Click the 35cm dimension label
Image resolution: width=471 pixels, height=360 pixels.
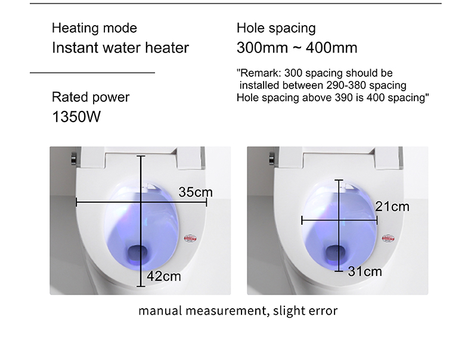pos(196,192)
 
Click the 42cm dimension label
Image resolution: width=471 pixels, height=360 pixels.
pos(164,276)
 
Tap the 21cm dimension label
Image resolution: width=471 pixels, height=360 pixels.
pos(392,206)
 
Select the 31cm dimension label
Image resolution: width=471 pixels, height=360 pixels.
pos(365,271)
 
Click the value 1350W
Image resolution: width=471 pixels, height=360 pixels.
pos(76,116)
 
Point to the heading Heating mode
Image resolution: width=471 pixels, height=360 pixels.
pos(94,28)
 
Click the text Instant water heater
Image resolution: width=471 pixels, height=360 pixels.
pos(120,47)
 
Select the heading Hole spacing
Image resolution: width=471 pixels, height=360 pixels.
pos(276,28)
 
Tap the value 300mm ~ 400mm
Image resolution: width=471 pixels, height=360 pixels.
pos(297,47)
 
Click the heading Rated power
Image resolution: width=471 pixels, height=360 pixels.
pos(91,97)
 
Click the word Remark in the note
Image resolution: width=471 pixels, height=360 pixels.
pos(258,73)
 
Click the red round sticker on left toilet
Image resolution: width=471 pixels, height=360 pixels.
pos(193,237)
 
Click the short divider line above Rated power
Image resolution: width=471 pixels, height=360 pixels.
pos(92,73)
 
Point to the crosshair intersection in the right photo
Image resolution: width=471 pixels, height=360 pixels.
pos(340,221)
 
